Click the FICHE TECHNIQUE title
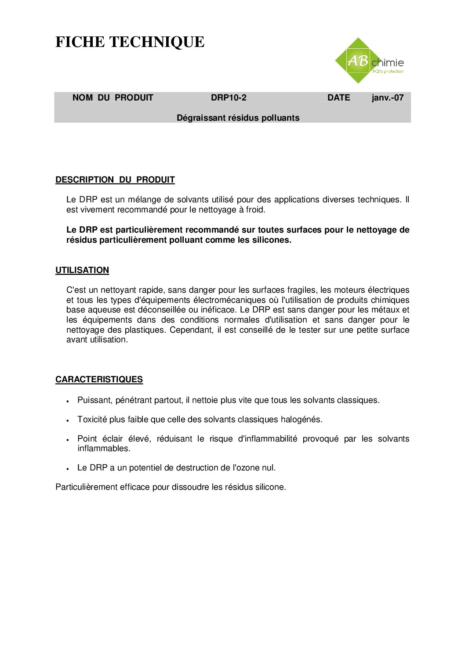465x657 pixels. [130, 42]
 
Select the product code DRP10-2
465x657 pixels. [229, 98]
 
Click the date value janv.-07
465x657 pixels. [387, 98]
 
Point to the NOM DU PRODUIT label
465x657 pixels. [113, 98]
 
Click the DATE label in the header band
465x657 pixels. [338, 98]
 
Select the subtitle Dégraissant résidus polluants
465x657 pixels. [238, 118]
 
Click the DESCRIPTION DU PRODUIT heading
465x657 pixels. [115, 180]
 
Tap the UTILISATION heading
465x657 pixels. [82, 270]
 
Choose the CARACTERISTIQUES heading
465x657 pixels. [99, 380]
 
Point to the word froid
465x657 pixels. [255, 210]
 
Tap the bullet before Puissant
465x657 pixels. [68, 401]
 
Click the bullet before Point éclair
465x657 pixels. [68, 439]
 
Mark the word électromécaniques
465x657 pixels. [229, 300]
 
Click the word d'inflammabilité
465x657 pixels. [267, 439]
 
